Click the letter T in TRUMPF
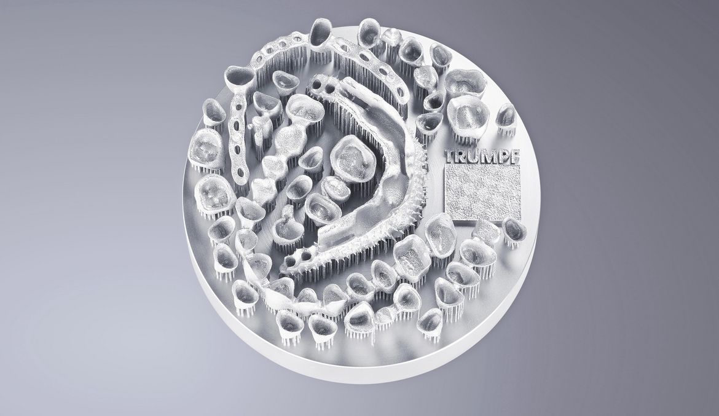pos(451,157)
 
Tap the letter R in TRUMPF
pos(462,157)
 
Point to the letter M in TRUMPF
pos(487,157)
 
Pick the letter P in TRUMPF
pos(501,157)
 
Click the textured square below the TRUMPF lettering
pos(483,192)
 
